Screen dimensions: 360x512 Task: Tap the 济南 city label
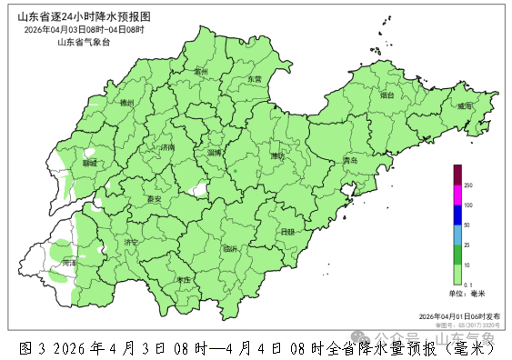click(x=166, y=147)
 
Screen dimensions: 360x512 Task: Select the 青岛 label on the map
click(x=349, y=161)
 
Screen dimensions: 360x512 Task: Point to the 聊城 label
click(x=89, y=164)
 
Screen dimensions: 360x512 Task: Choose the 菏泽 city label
click(x=69, y=263)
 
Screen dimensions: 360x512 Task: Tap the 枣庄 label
click(x=184, y=280)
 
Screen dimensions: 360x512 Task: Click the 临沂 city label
click(x=229, y=248)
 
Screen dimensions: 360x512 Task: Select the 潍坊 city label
click(x=277, y=156)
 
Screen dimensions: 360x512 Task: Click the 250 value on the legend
click(x=469, y=185)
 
